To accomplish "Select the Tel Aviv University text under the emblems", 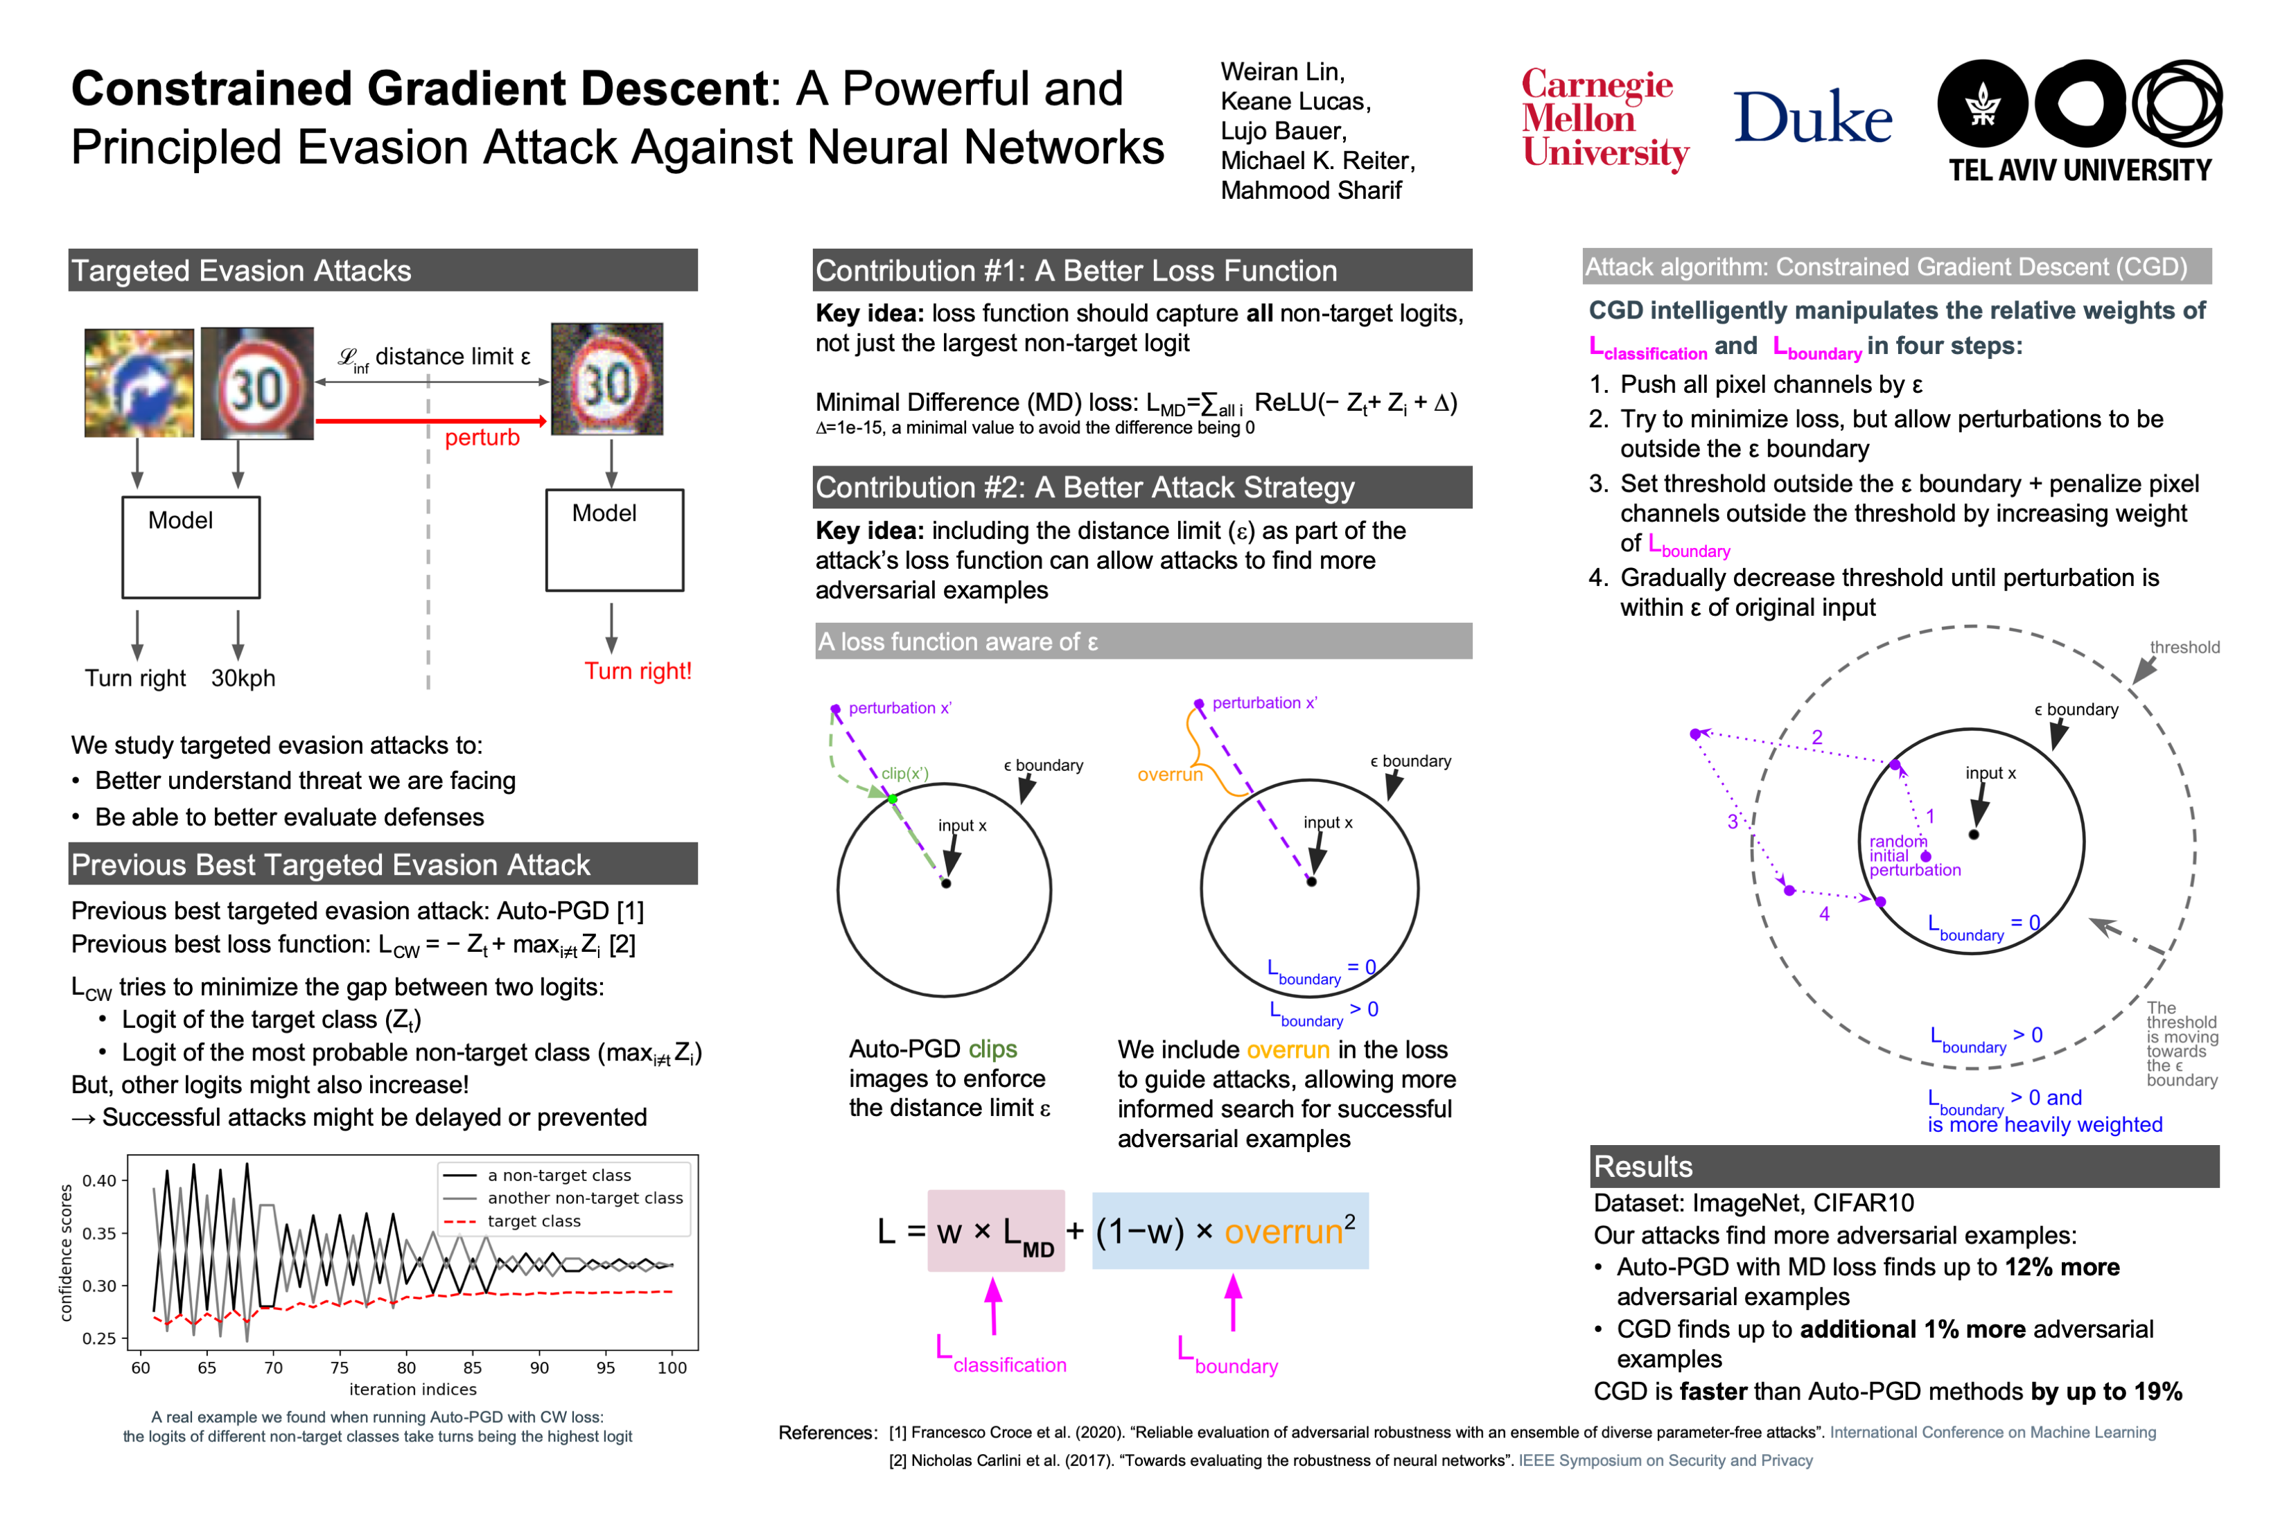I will coord(2080,171).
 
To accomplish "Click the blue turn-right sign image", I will coord(139,383).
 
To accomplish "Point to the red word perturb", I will coord(482,438).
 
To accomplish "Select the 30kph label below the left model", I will coord(243,678).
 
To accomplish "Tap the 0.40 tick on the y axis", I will coord(99,1181).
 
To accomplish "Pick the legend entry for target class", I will coord(533,1221).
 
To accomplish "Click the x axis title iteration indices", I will coord(412,1390).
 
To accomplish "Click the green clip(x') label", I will coord(904,774).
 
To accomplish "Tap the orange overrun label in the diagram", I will coord(1170,774).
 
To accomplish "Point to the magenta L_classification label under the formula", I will coord(1001,1361).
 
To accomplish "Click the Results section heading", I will coord(1643,1167).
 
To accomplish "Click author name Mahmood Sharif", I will coord(1311,190).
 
